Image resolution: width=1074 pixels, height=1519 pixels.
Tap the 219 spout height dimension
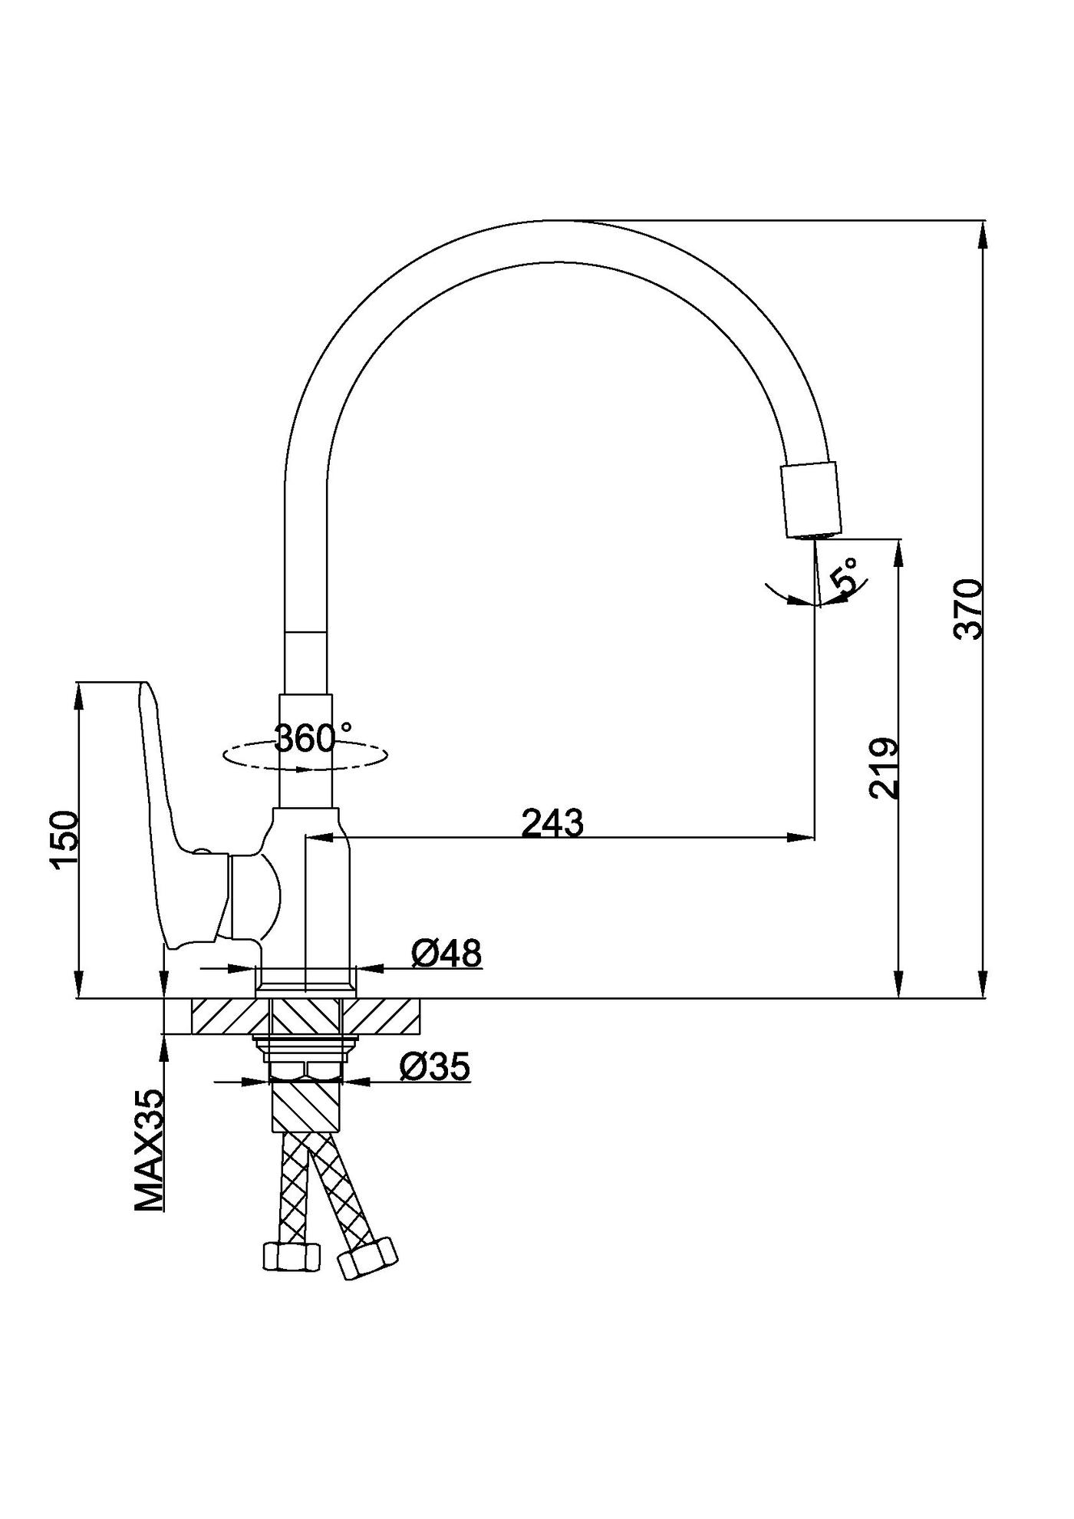(x=884, y=769)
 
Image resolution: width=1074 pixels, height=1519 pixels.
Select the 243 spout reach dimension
(x=552, y=823)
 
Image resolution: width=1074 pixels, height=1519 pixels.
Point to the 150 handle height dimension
(x=64, y=840)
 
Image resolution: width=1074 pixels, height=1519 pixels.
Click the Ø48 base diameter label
(x=446, y=954)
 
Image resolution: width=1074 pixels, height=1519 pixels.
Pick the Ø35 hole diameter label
(x=434, y=1066)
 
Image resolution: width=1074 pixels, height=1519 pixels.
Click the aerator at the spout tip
(x=811, y=500)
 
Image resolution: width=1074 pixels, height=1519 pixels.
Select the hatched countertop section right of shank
(x=382, y=1017)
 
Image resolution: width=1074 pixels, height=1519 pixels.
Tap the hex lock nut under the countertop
(x=306, y=1069)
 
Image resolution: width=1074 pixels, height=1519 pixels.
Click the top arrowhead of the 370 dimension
(x=983, y=235)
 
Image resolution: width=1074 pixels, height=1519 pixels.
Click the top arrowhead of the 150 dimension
(x=79, y=694)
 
